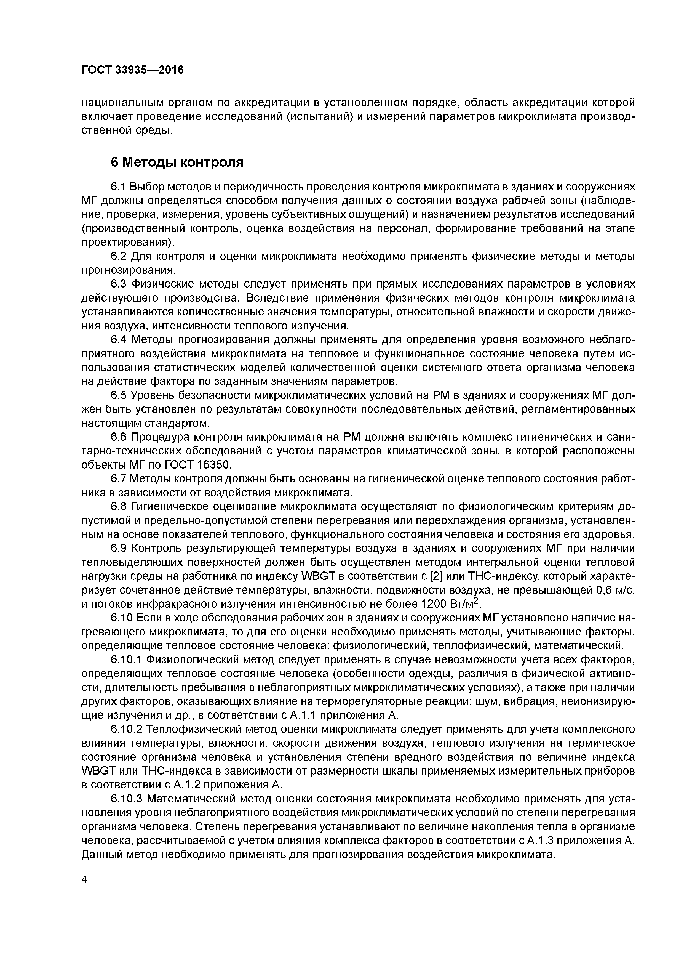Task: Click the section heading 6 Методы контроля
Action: [177, 162]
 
